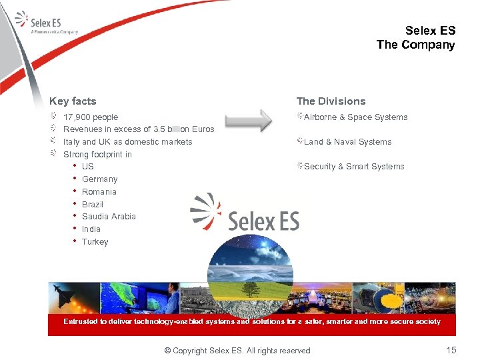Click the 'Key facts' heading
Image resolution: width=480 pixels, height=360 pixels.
(x=73, y=101)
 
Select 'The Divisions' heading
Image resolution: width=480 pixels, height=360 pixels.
(x=331, y=101)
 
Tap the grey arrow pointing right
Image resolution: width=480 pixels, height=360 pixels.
(x=249, y=121)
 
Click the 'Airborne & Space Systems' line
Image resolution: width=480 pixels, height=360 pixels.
(x=355, y=117)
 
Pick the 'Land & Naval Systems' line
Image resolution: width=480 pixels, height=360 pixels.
(x=347, y=142)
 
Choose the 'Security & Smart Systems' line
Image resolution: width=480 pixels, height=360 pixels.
(x=354, y=167)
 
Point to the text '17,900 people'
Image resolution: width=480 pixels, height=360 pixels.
(x=91, y=117)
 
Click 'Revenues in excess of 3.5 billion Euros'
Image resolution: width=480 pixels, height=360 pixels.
(x=139, y=129)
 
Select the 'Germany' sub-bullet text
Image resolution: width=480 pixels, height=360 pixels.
(x=99, y=179)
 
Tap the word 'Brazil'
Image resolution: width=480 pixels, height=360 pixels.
(x=93, y=205)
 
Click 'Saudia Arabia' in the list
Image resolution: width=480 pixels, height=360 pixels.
(x=109, y=217)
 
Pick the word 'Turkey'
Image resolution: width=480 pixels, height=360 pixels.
(x=95, y=242)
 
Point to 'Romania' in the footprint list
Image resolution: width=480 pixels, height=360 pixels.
(x=99, y=192)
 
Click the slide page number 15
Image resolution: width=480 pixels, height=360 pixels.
(x=451, y=350)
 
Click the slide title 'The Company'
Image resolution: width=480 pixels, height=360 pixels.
(x=415, y=45)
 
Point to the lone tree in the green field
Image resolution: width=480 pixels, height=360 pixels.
(x=251, y=289)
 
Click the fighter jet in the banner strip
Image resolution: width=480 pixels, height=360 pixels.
(x=70, y=295)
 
